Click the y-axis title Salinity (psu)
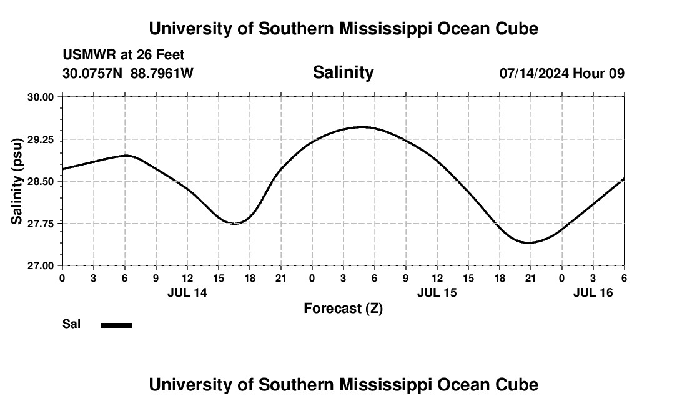pos(17,181)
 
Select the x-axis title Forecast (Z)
pos(343,309)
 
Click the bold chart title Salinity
pos(343,72)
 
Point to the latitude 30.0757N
pos(93,73)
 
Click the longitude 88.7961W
pos(162,73)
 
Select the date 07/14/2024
pos(534,73)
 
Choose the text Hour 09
pos(599,73)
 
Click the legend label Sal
pos(71,324)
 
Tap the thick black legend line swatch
pos(116,325)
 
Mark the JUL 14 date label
pos(187,292)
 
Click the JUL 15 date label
pos(437,292)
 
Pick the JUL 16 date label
pos(593,292)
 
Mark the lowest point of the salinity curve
pos(528,242)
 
